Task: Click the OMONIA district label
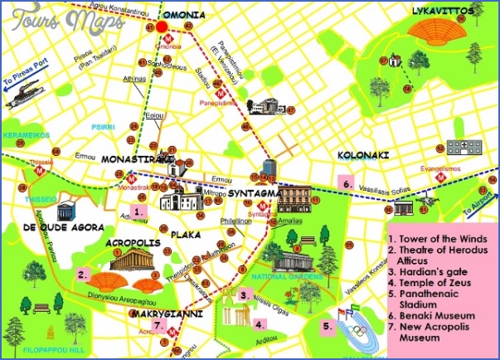tap(183, 13)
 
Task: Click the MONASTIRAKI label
tap(136, 158)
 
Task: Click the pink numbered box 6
tap(347, 183)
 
